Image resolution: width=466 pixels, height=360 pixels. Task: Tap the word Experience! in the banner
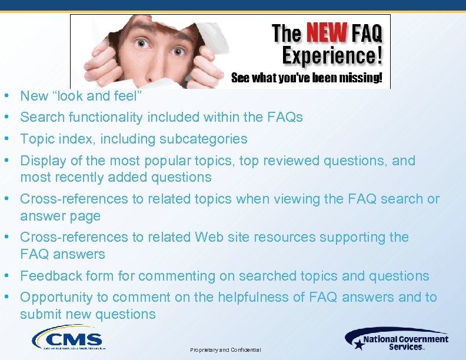pyautogui.click(x=332, y=56)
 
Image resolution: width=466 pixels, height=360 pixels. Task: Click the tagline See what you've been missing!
pyautogui.click(x=307, y=78)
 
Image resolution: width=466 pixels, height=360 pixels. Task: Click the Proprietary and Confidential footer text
pyautogui.click(x=225, y=350)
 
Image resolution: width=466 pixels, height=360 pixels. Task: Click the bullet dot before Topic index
pyautogui.click(x=5, y=139)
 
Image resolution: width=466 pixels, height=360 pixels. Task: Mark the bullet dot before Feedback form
pyautogui.click(x=5, y=276)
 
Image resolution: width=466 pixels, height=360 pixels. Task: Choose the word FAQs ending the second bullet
pyautogui.click(x=285, y=118)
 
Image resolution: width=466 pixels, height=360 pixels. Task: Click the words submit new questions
pyautogui.click(x=88, y=315)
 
